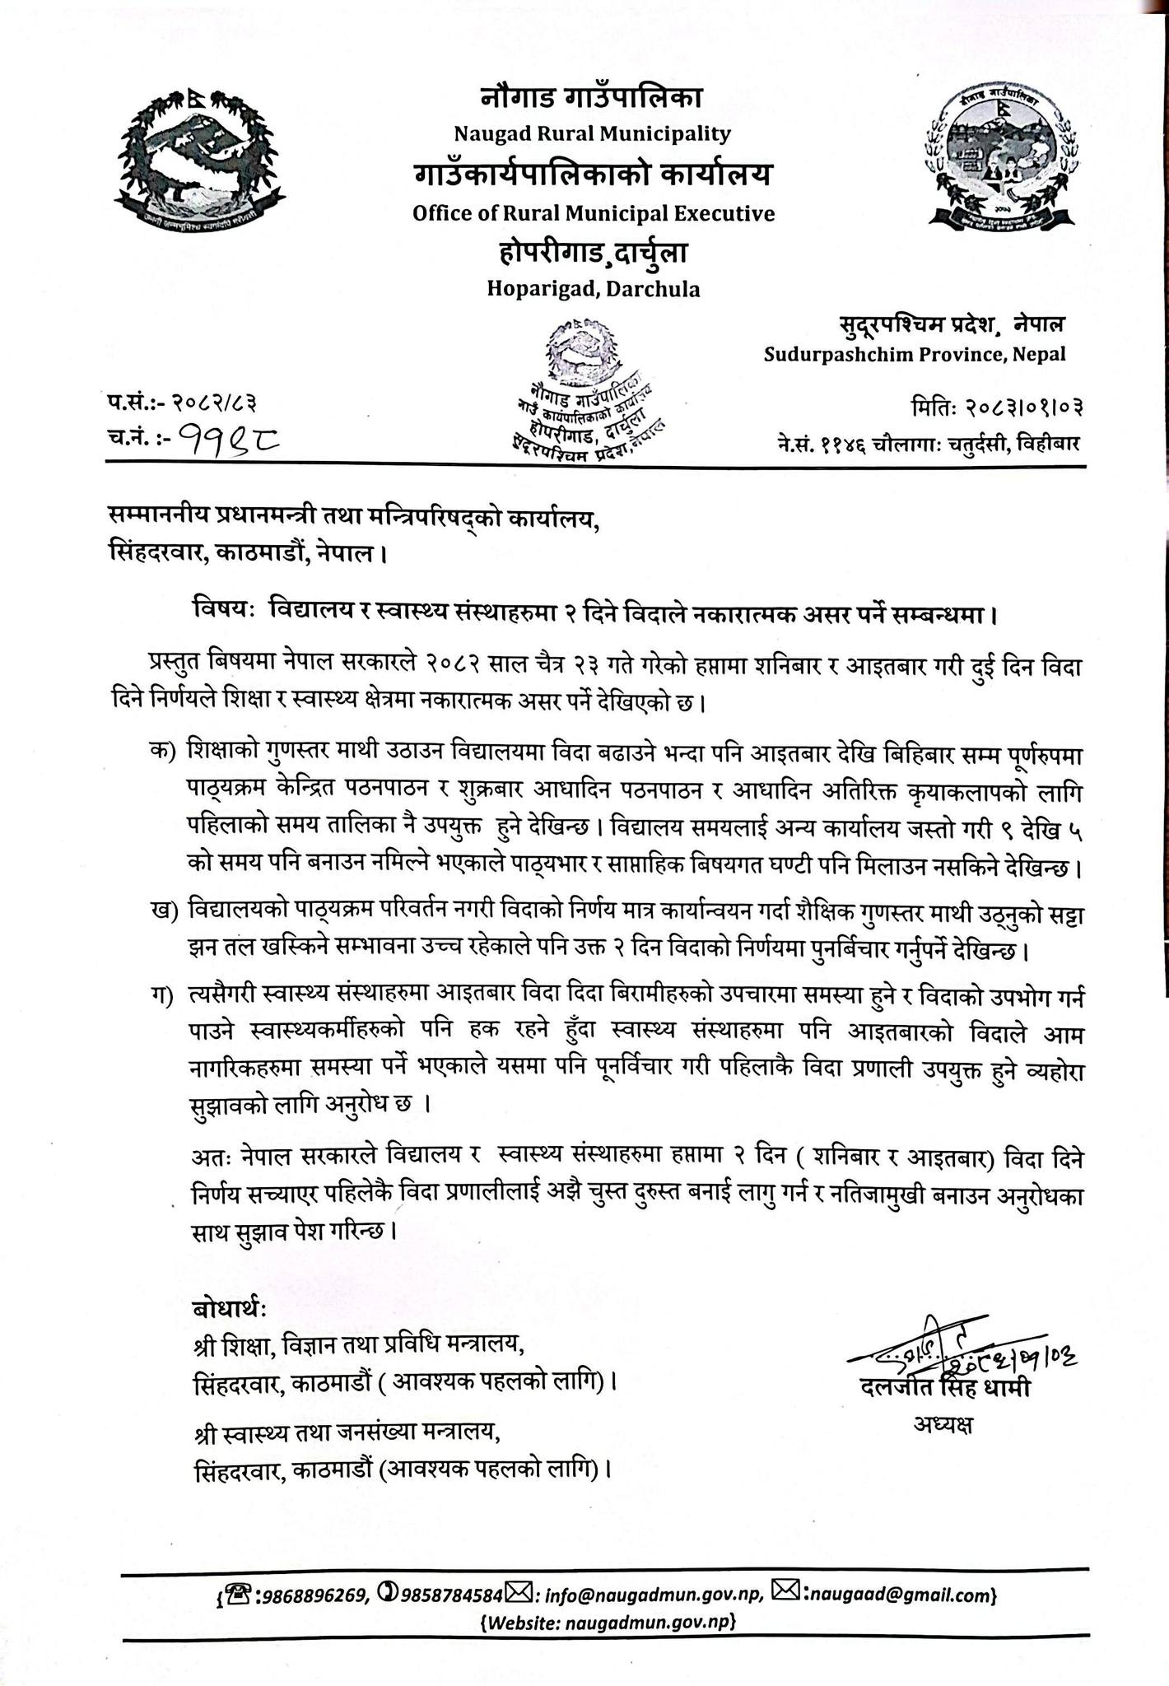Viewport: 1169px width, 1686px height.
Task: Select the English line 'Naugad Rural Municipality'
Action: [x=593, y=133]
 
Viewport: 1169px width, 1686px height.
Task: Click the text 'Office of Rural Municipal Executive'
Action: [x=594, y=214]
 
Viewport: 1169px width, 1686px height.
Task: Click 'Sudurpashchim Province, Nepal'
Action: [x=914, y=355]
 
